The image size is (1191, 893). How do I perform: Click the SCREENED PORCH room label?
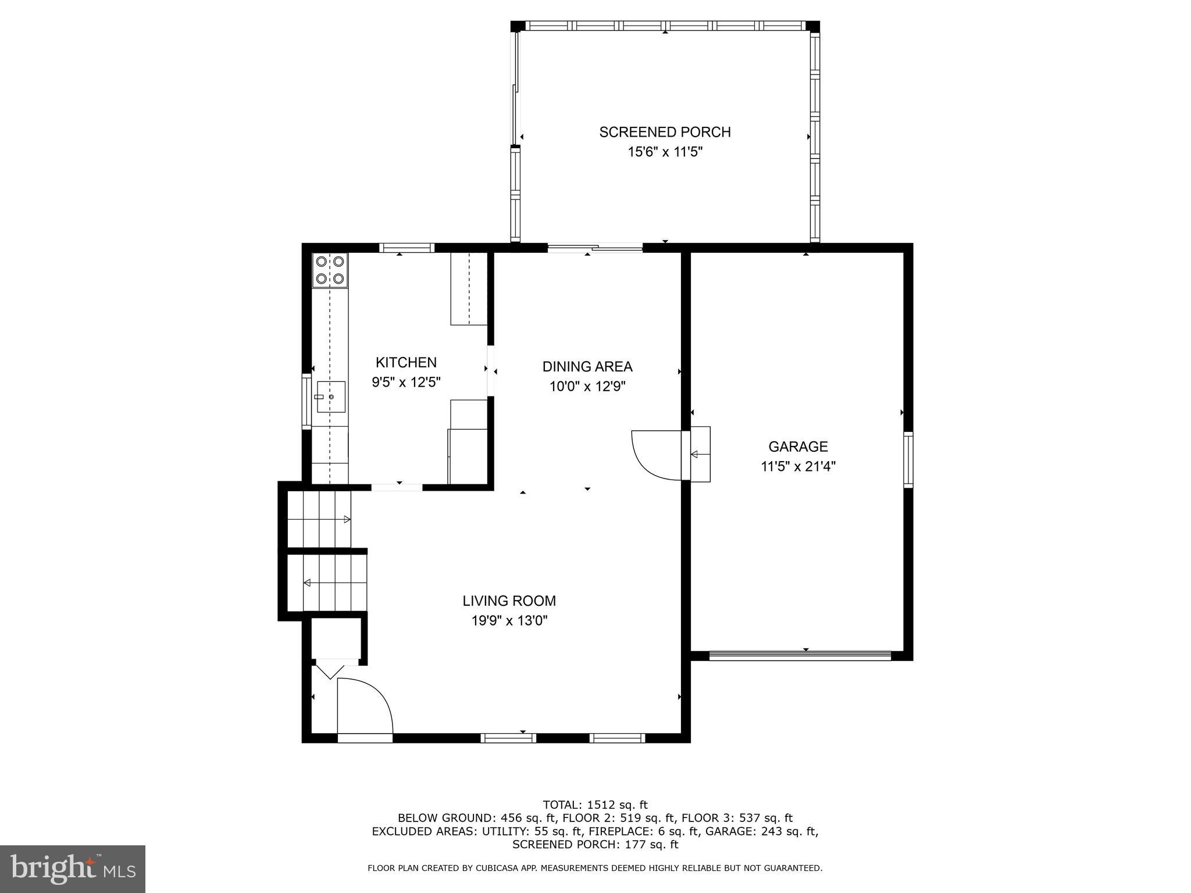665,132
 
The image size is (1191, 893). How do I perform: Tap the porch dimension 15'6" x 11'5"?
665,152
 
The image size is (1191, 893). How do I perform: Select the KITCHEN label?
406,362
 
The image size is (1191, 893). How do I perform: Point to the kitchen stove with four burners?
330,270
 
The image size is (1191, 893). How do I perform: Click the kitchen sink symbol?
330,397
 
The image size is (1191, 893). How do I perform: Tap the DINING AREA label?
587,366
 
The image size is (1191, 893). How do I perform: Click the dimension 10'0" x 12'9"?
587,387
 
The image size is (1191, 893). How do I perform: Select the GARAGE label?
798,446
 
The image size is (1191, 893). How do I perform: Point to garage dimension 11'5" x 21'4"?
798,466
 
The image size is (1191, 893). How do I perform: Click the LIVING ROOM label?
509,601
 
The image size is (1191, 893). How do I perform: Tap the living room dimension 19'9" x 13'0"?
509,621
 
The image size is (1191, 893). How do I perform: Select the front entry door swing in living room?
365,706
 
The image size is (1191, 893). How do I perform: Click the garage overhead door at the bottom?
800,656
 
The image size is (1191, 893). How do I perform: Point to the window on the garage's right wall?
908,459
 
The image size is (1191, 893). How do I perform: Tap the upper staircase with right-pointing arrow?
320,519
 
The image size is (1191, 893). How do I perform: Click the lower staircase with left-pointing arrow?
334,583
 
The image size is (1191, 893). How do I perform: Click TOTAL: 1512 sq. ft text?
595,805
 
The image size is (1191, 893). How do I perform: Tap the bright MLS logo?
72,869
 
